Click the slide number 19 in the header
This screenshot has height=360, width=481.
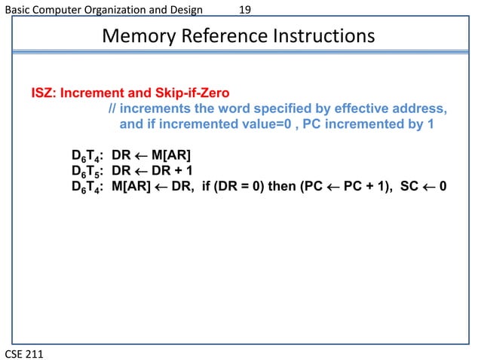pyautogui.click(x=245, y=9)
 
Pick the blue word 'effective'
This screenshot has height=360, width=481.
pyautogui.click(x=352, y=110)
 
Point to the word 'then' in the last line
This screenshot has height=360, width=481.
pyautogui.click(x=283, y=185)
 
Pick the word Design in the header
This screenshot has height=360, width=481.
pyautogui.click(x=184, y=9)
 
